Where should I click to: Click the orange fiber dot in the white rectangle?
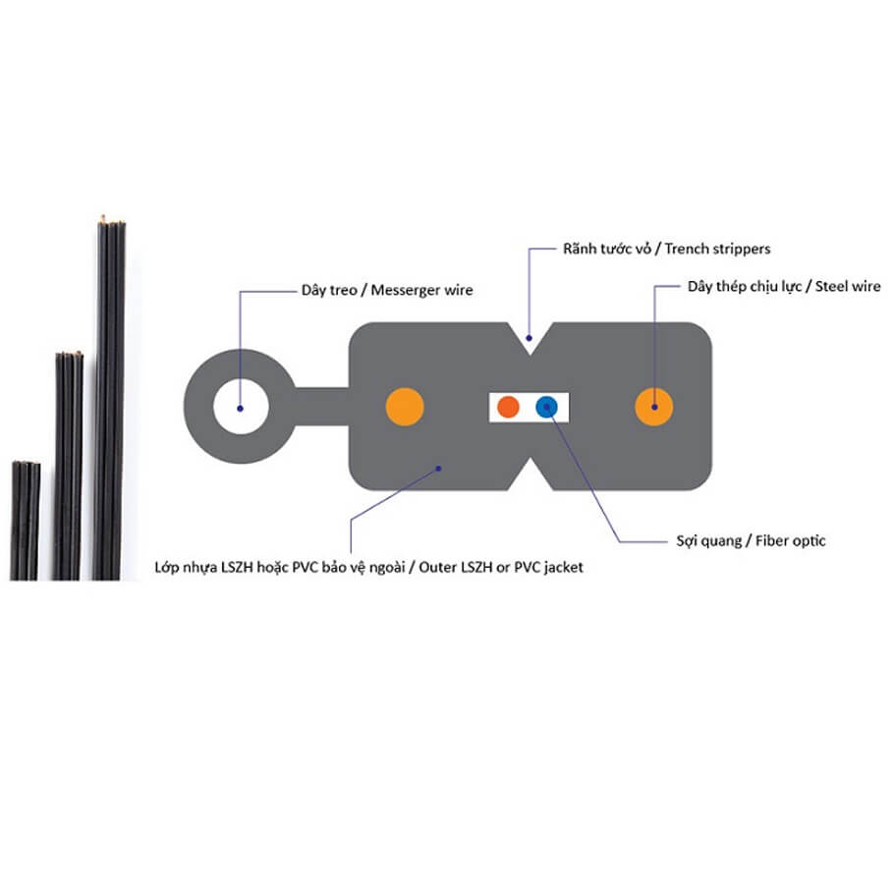[508, 407]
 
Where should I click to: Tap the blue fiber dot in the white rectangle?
[546, 407]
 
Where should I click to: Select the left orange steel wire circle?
[403, 407]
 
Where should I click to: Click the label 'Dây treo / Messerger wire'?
[387, 290]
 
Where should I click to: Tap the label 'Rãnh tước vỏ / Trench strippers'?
[666, 249]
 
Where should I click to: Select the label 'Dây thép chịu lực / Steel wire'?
[783, 287]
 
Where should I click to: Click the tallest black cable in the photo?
[111, 393]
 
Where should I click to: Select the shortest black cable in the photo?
[26, 521]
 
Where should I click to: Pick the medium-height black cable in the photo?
[68, 462]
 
